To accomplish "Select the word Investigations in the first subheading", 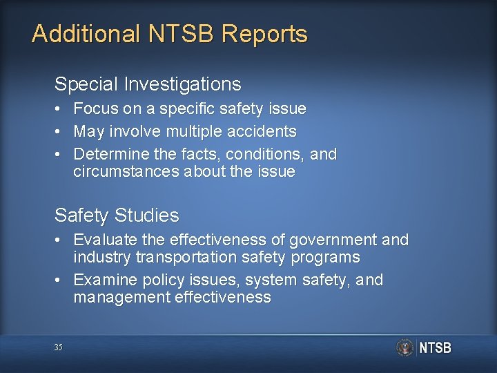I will (184, 84).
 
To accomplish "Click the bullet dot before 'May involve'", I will (60, 131).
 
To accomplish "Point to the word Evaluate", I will (104, 240).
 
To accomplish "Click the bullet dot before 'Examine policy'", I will (60, 280).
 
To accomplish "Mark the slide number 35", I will (58, 347).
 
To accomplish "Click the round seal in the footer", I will (405, 347).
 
